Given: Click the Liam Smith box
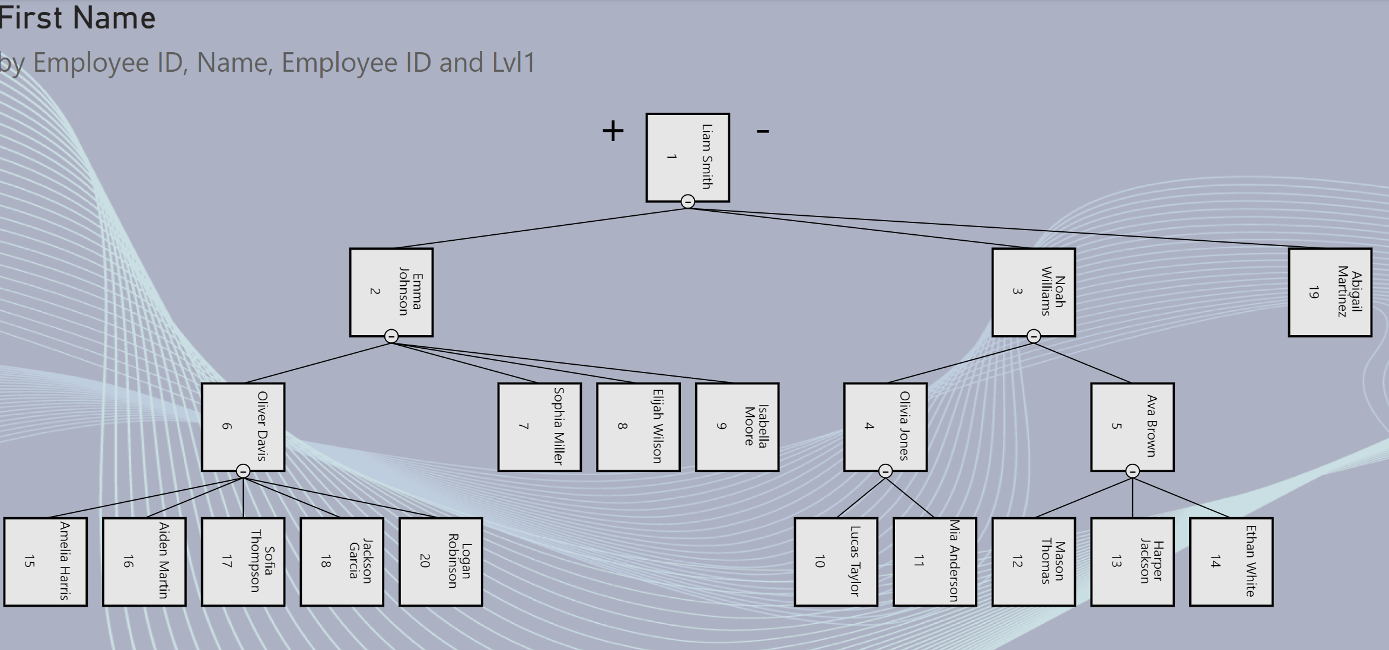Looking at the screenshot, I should click(687, 157).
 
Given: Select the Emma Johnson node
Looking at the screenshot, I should click(391, 292).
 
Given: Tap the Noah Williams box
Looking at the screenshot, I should click(1033, 292).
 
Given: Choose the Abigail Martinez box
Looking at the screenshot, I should click(1330, 292).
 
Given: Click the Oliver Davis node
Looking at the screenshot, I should click(243, 426).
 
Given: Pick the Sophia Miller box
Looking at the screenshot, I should click(539, 426).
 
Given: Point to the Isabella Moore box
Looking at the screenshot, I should click(737, 426).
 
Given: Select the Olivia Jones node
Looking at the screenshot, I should click(885, 426).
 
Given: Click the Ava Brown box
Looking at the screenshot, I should click(1132, 426).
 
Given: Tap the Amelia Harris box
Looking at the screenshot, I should click(45, 561).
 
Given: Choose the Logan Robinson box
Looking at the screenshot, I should click(441, 561).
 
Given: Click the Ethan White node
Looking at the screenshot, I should click(1231, 561).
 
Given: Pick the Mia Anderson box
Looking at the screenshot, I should click(935, 561).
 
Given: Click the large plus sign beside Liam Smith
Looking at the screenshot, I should click(613, 130).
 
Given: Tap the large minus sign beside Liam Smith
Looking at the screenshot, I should click(763, 130).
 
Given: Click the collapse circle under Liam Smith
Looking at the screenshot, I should click(687, 202).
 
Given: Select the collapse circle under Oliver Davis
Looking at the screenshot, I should click(243, 471).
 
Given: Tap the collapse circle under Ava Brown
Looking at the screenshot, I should click(1132, 471).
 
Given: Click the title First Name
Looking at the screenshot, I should click(77, 18).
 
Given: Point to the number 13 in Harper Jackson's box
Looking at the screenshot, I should click(1116, 561).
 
